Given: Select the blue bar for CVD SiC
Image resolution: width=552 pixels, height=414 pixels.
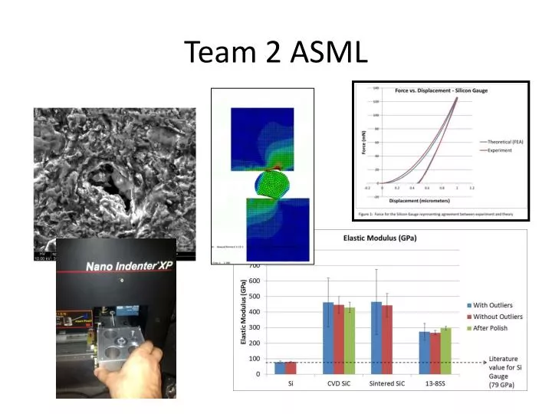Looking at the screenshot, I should (x=328, y=338).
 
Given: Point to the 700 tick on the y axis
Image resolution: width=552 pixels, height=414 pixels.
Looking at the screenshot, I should (x=254, y=265).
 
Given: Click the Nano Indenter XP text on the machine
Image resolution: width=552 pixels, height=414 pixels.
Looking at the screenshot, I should (x=117, y=267).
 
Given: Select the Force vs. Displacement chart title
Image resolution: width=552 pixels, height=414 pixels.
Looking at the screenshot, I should (x=441, y=90).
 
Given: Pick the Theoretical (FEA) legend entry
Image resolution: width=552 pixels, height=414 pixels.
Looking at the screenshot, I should (x=504, y=143).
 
